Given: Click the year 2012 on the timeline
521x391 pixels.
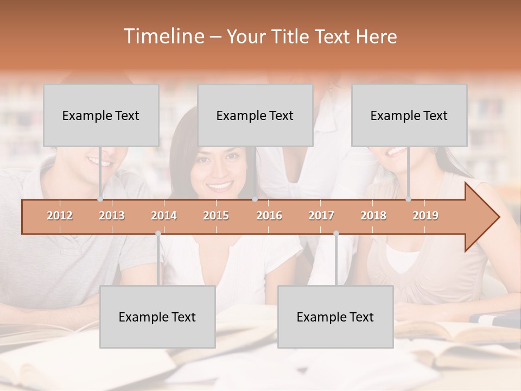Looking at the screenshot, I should point(60,216).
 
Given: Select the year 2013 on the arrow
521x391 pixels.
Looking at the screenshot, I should point(112,216).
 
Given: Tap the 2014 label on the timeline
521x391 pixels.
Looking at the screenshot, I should point(164,216).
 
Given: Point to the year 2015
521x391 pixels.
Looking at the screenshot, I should point(216,216).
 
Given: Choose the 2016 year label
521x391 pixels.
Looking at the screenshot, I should point(269,216).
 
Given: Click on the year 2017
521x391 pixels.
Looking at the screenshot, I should point(321,216).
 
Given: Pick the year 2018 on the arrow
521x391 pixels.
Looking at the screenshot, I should point(373,216).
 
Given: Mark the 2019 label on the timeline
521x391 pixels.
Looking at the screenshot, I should point(425,216).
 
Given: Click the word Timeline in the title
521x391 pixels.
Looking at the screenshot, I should point(163,36).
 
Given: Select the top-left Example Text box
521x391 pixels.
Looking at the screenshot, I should point(101,115).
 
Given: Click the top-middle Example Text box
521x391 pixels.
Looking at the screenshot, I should point(255,115).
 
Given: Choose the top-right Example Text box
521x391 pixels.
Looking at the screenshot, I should point(409,115).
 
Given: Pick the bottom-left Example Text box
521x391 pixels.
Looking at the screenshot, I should point(157,317).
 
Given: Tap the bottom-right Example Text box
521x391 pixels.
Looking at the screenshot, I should point(335,317).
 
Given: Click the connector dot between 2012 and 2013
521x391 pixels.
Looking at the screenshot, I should point(100,199).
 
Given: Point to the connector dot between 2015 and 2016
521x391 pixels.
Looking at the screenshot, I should point(255,199).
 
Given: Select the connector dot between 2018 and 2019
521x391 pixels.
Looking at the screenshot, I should point(409,199).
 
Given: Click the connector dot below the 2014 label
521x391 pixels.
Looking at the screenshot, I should point(158,234).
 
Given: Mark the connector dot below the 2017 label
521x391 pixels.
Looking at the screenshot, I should point(336,234).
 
